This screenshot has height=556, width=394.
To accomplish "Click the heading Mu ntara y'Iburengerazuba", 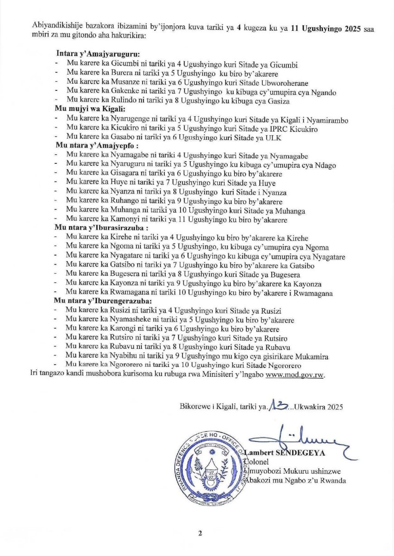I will [x=103, y=301].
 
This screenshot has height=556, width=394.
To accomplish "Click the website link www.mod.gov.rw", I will [x=295, y=375].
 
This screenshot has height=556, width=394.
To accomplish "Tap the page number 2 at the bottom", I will [x=200, y=533].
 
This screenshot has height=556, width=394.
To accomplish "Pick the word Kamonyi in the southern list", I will [x=120, y=220].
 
